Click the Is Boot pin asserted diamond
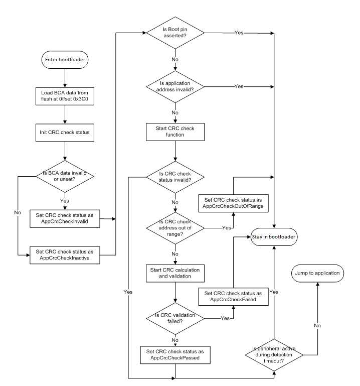click(x=175, y=33)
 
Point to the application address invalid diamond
click(x=175, y=87)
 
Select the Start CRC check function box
click(x=175, y=132)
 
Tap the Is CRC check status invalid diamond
click(x=175, y=177)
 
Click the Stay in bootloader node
click(x=274, y=236)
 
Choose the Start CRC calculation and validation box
click(x=175, y=274)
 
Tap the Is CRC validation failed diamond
click(x=175, y=318)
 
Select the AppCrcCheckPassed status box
click(x=175, y=355)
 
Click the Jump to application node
click(x=317, y=274)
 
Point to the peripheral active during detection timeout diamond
click(x=274, y=354)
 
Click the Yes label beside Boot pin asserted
click(x=239, y=33)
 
